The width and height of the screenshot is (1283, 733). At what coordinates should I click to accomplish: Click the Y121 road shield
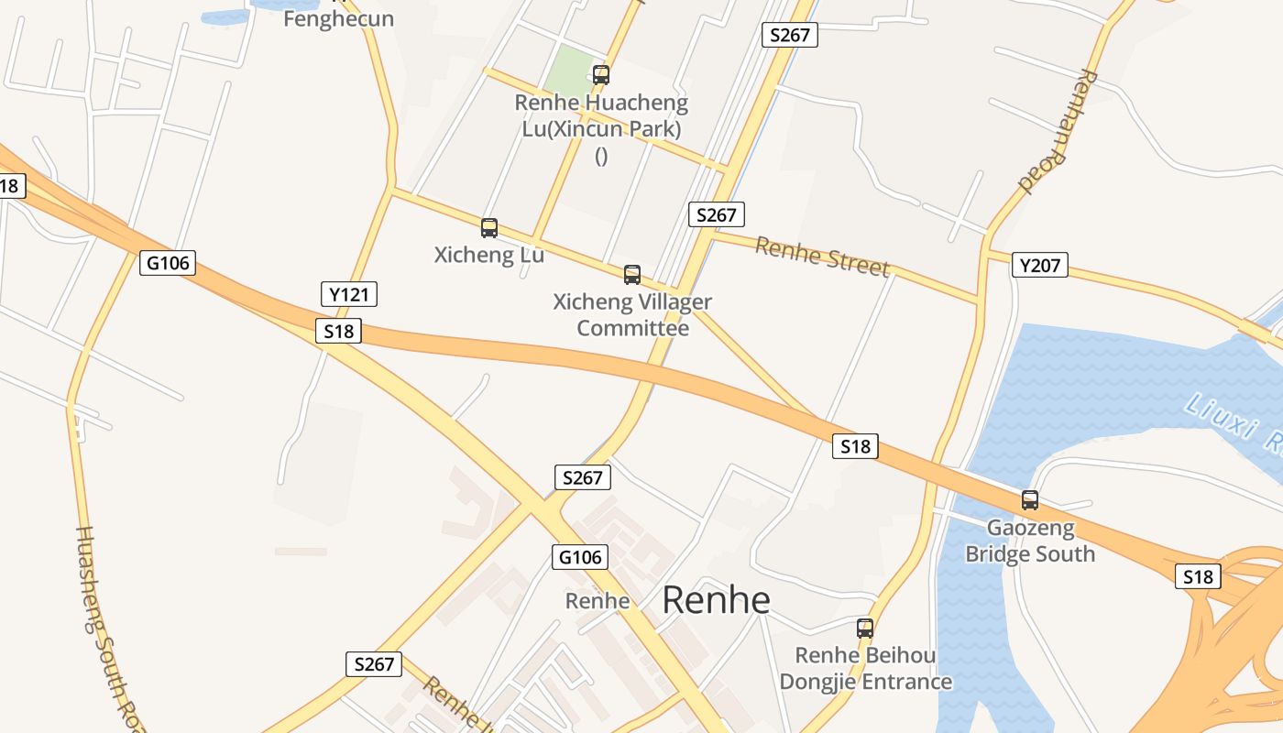click(x=349, y=294)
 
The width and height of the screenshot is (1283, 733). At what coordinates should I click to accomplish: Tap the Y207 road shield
click(x=1040, y=266)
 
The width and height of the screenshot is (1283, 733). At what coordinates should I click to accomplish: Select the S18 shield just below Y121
click(x=338, y=331)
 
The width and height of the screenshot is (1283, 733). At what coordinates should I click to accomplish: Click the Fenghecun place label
click(x=338, y=18)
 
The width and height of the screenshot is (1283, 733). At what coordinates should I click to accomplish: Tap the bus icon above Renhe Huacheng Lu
click(x=601, y=75)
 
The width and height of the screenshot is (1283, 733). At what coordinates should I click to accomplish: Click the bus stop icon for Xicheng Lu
click(x=489, y=228)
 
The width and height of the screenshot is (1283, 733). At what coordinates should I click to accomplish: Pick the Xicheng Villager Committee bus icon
click(x=631, y=274)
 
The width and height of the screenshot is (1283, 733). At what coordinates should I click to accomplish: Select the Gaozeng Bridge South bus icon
click(x=1030, y=500)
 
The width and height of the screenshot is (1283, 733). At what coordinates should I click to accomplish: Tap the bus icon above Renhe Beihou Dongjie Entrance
click(x=864, y=629)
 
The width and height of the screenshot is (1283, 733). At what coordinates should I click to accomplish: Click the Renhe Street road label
click(x=822, y=256)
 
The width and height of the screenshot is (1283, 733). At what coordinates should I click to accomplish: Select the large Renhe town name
click(x=716, y=600)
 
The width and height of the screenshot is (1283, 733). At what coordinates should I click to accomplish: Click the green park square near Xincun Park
click(x=570, y=68)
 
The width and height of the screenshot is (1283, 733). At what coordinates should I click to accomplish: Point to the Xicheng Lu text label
click(x=488, y=255)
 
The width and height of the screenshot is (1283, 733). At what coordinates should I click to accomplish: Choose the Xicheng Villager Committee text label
click(x=632, y=314)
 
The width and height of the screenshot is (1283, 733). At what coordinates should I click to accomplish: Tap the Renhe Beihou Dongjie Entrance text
click(x=865, y=669)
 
